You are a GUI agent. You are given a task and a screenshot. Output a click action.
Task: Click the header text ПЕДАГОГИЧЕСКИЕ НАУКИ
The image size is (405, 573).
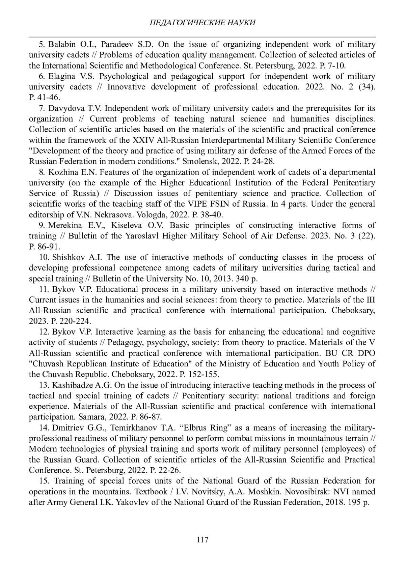pyautogui.click(x=202, y=23)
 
